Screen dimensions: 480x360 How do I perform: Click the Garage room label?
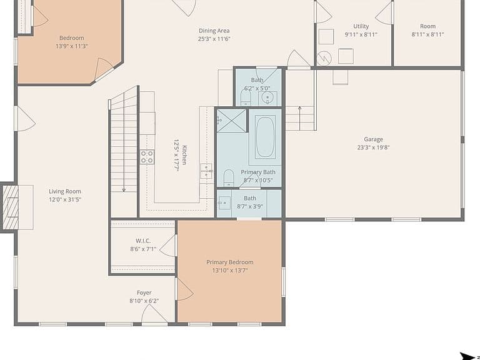[x=373, y=139]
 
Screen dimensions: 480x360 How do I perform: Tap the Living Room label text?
[x=65, y=191]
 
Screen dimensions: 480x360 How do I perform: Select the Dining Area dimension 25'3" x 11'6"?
[x=214, y=39]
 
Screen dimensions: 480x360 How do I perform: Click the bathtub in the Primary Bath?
[x=265, y=137]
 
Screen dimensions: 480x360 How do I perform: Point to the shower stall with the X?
[x=231, y=121]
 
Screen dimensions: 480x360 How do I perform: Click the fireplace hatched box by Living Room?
[x=11, y=207]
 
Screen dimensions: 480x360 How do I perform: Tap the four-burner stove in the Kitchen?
[x=147, y=157]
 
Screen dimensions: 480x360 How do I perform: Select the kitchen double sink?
[x=206, y=171]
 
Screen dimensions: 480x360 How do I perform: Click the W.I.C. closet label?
[x=143, y=241]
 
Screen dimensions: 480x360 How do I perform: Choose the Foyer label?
[x=144, y=292]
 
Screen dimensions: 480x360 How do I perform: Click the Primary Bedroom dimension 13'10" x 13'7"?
[x=230, y=270]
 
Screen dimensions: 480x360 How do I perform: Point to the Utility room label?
[x=361, y=26]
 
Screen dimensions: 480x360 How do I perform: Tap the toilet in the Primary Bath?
[x=229, y=178]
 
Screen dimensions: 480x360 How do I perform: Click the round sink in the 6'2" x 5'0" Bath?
[x=267, y=98]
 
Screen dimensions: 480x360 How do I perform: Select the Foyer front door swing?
[x=154, y=313]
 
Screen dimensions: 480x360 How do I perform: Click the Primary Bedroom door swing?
[x=185, y=289]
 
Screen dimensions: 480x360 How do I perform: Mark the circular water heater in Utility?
[x=324, y=58]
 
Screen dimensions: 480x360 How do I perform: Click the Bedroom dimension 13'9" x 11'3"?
[x=72, y=46]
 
